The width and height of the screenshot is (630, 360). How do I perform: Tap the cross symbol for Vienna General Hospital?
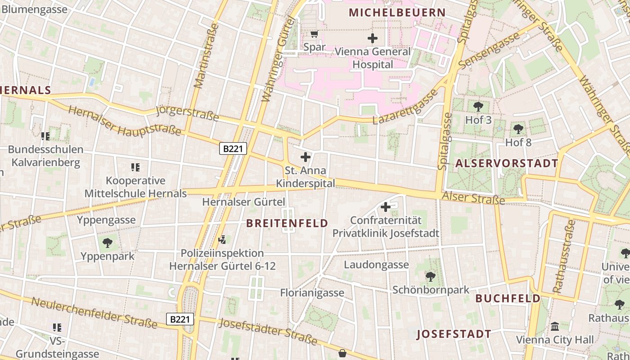point(373,38)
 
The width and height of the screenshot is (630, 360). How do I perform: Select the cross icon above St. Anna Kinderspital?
point(306,157)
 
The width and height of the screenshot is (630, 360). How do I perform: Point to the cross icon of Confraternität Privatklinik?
point(386,207)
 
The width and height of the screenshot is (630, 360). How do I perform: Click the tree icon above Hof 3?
point(478,107)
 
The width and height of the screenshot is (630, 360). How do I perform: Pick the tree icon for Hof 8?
point(518,129)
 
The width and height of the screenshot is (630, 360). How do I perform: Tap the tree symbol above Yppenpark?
point(108,243)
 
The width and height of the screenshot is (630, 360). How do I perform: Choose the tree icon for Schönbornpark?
point(431,276)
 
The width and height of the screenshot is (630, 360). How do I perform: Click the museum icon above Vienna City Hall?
point(555,326)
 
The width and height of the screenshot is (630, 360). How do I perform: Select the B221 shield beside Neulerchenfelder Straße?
point(180,319)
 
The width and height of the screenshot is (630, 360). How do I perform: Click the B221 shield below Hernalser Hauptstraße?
point(233,148)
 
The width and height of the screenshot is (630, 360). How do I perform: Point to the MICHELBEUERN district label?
point(397,13)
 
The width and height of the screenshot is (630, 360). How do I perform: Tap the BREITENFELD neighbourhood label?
point(288,223)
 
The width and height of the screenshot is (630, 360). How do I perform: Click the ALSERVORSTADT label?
point(507,163)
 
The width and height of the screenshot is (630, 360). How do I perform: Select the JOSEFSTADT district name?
point(454,334)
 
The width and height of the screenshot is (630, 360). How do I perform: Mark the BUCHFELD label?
point(508,298)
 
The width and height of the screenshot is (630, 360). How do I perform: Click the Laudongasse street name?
point(376,265)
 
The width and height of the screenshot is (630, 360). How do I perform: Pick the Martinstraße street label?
point(206,56)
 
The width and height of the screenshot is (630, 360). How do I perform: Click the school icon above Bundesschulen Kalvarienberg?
point(45,136)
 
